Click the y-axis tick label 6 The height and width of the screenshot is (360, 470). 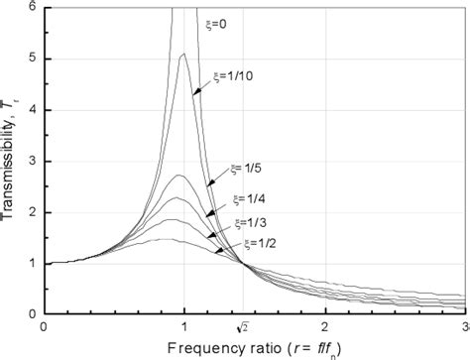point(33,7)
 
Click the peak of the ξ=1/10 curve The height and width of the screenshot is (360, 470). point(183,55)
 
